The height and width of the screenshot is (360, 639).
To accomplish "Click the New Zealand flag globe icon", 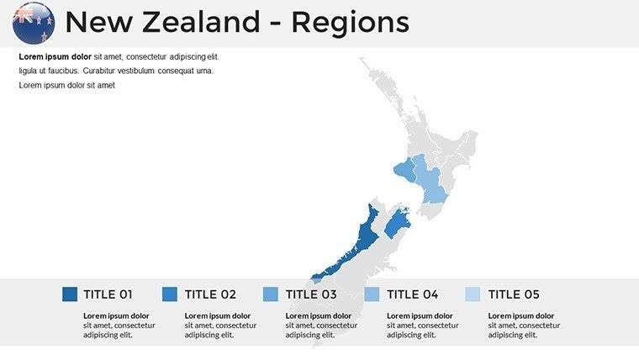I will pos(34,23).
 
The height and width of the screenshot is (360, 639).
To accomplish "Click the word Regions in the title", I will pos(350,23).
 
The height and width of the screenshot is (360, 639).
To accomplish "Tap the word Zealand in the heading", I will pos(207,23).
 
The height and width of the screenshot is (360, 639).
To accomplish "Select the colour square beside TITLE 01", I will pos(70,294).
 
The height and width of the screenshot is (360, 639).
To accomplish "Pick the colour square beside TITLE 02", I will pos(170,294).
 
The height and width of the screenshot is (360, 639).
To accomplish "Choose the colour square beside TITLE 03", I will pos(271,294).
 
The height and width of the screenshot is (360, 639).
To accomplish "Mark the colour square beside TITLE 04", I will pos(372,294).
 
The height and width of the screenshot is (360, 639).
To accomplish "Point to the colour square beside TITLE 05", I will pos(473,294).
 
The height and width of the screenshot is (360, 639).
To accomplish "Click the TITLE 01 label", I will pos(108,294).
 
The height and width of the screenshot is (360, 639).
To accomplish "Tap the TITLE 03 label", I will pos(311,294).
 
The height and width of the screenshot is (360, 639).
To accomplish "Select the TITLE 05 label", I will pos(514,294).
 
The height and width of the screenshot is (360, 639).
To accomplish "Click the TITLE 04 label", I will pos(413,294).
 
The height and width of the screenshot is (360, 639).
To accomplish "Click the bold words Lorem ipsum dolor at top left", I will pos(55,57).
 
